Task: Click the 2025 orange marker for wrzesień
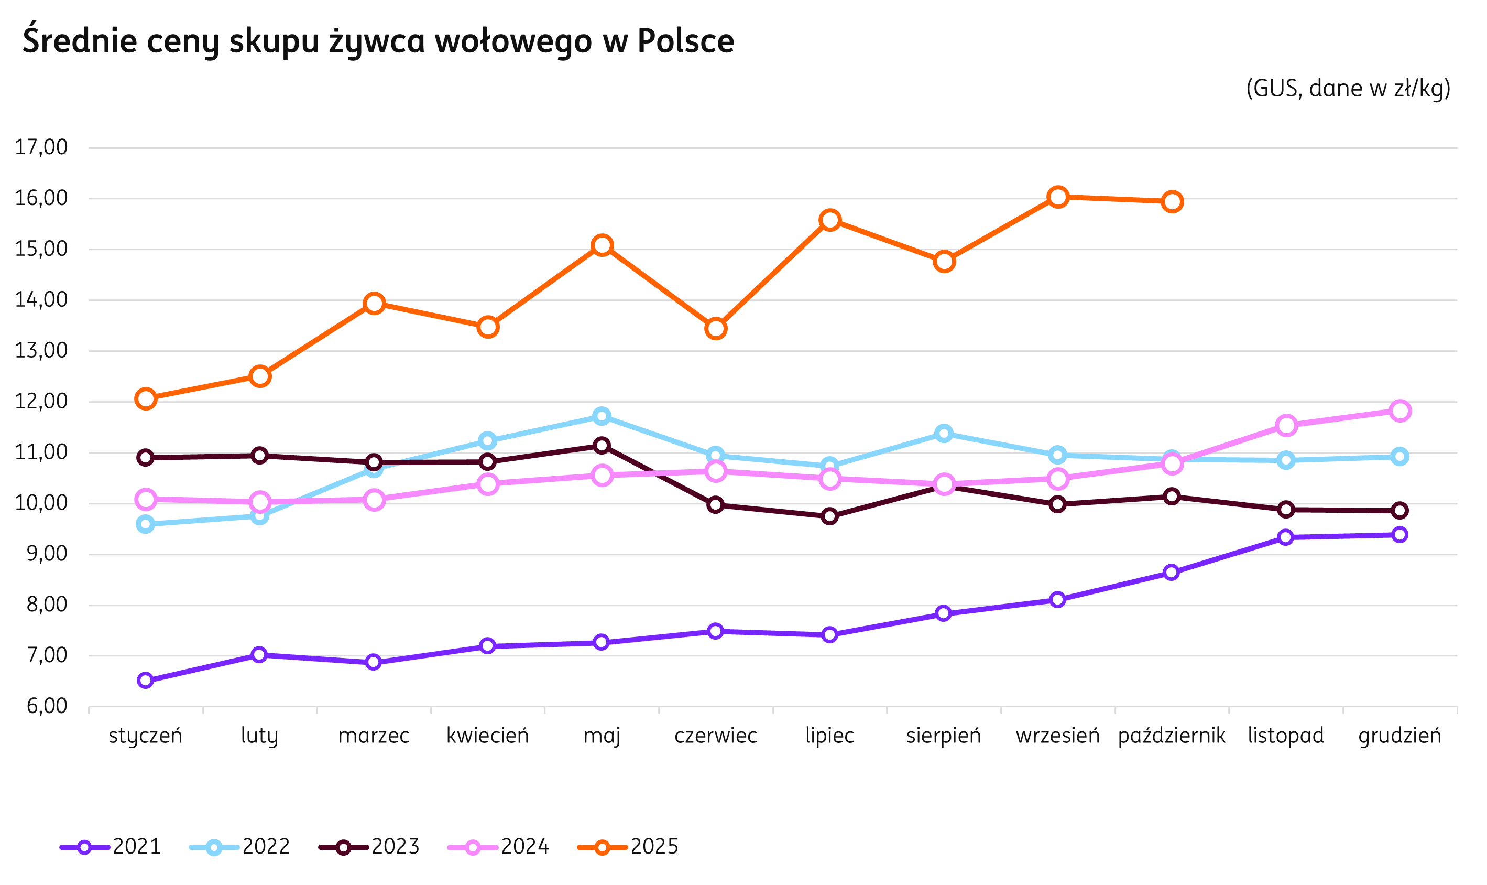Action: click(x=1057, y=197)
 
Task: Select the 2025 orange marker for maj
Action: click(x=602, y=245)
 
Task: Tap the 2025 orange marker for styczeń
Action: click(x=146, y=398)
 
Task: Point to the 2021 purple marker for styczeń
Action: click(x=146, y=681)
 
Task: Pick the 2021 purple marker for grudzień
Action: click(x=1400, y=535)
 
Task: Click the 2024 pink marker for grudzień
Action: click(x=1400, y=411)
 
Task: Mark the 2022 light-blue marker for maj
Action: click(x=602, y=416)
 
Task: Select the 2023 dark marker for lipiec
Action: click(x=829, y=516)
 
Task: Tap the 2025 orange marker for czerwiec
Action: click(x=716, y=329)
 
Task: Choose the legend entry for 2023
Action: click(x=369, y=847)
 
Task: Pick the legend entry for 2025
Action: click(x=628, y=847)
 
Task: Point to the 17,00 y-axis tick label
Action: click(x=41, y=147)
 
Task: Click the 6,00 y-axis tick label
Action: click(x=47, y=707)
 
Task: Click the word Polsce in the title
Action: click(x=685, y=40)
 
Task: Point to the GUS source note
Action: click(x=1348, y=88)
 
